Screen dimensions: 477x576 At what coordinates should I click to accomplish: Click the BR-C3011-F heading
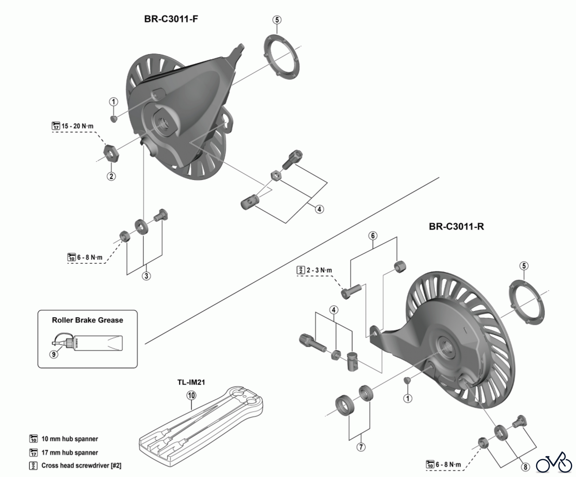click(171, 19)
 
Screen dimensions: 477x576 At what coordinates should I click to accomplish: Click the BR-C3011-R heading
click(456, 227)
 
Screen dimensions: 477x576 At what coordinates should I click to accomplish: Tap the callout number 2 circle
click(111, 176)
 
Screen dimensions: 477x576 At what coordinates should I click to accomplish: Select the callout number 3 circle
click(146, 276)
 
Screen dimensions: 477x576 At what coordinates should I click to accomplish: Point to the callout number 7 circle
click(361, 447)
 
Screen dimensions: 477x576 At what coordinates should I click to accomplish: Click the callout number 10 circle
click(191, 396)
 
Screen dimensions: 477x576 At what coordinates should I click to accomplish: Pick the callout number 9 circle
click(54, 354)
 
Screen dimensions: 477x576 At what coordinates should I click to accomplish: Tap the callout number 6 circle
click(373, 236)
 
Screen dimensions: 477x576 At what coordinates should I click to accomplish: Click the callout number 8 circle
click(525, 467)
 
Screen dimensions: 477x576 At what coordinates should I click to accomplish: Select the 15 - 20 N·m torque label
click(77, 126)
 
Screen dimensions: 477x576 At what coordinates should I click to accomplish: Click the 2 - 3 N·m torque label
click(319, 270)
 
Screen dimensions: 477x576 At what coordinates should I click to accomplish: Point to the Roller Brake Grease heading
click(87, 320)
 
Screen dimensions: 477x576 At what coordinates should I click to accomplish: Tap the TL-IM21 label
click(191, 382)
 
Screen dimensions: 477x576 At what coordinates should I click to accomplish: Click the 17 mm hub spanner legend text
click(70, 453)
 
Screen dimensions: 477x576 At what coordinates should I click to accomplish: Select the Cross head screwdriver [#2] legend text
click(81, 465)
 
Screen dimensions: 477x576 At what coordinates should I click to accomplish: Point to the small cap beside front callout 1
click(114, 119)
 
